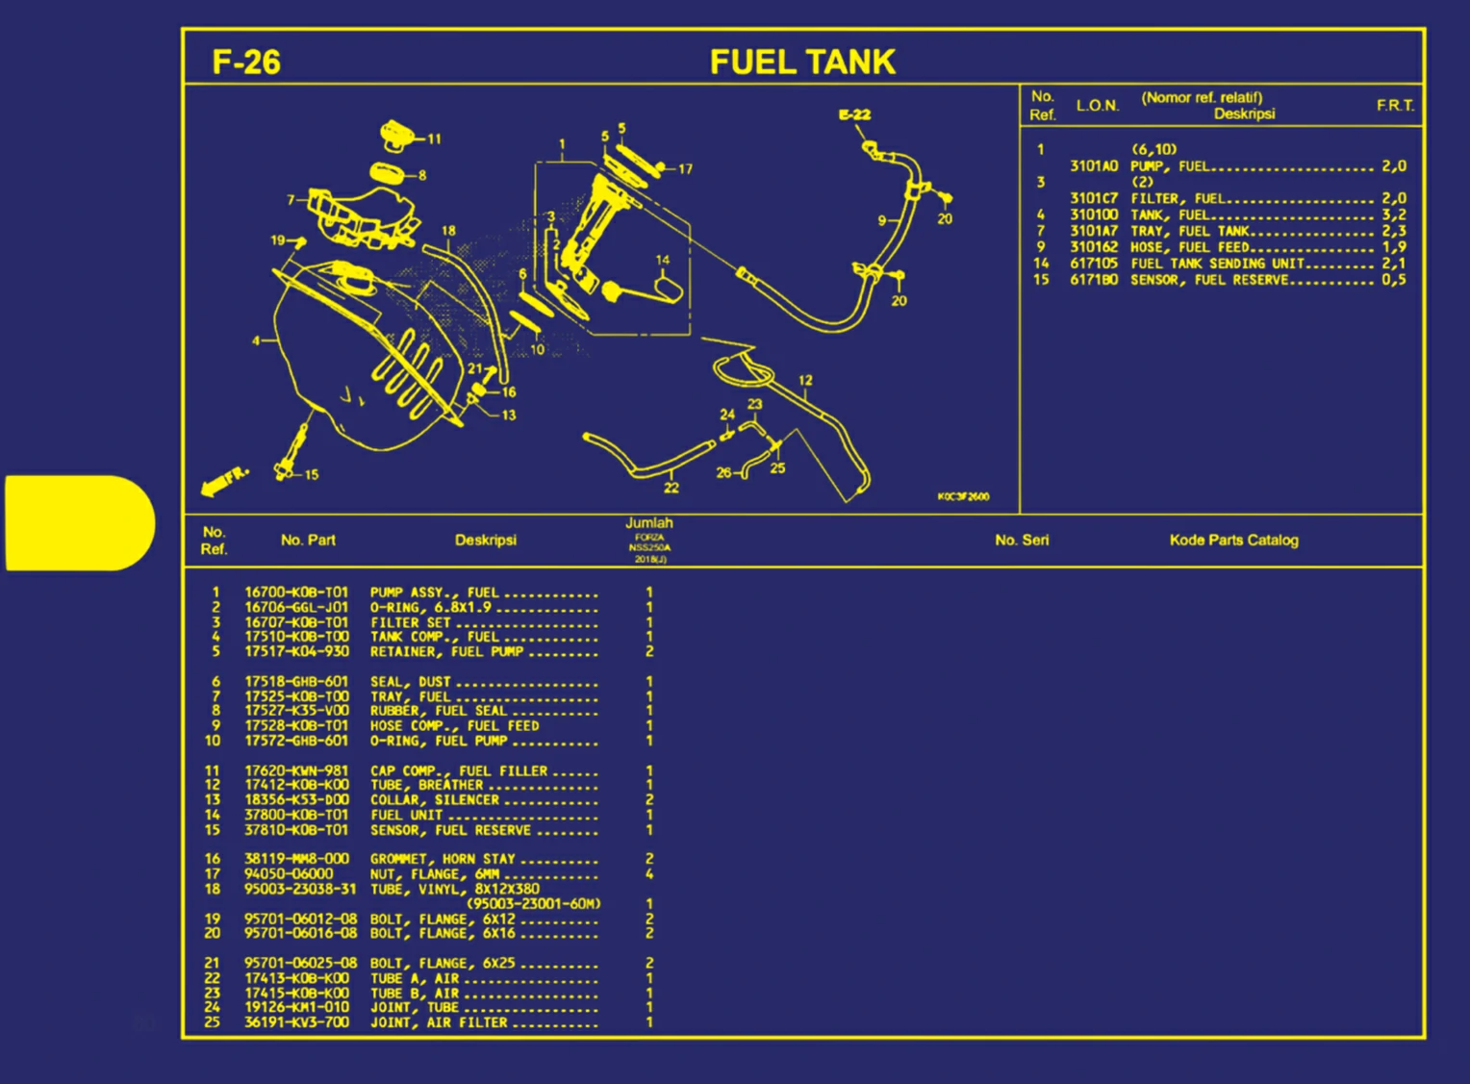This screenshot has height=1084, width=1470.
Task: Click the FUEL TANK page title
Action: [x=802, y=63]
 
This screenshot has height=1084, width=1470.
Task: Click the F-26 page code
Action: [x=246, y=63]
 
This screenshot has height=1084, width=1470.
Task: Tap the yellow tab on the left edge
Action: [x=79, y=522]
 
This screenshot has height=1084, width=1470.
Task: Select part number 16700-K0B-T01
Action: [x=296, y=592]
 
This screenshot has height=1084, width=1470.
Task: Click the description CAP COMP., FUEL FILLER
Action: [x=459, y=770]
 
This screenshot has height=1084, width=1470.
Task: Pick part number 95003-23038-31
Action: [x=299, y=889]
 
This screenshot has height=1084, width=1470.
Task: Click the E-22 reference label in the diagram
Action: [x=854, y=114]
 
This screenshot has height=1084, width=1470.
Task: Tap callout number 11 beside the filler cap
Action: [x=434, y=139]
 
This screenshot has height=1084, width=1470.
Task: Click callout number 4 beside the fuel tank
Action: [x=256, y=340]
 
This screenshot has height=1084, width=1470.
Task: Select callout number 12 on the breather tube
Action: [x=805, y=380]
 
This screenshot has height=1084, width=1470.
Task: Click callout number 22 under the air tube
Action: [x=671, y=488]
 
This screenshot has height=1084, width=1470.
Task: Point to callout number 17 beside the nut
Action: [x=685, y=168]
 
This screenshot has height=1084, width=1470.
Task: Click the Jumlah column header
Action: [x=649, y=523]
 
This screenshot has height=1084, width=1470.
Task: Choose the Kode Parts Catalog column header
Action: [x=1233, y=540]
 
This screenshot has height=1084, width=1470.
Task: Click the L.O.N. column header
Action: [x=1097, y=105]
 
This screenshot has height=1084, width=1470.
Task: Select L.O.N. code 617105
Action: [x=1094, y=263]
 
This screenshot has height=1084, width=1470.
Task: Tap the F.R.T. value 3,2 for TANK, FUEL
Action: [x=1393, y=214]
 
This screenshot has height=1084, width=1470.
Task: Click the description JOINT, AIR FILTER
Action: [x=439, y=1022]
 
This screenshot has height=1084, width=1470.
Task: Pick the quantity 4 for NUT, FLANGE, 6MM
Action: [x=649, y=873]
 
